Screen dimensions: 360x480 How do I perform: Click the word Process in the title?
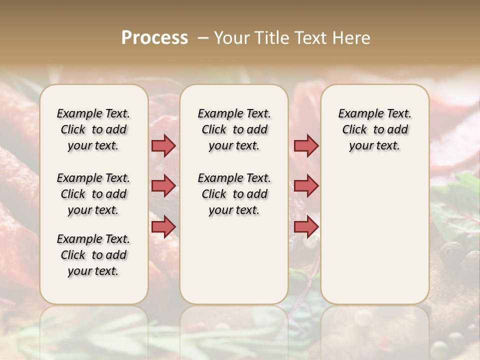coord(154,38)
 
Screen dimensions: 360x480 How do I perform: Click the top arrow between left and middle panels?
coord(163,145)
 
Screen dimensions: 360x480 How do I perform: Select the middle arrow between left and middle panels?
coord(163,186)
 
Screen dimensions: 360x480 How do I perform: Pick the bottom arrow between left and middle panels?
coord(163,227)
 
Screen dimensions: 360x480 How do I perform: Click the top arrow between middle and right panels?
coord(306,145)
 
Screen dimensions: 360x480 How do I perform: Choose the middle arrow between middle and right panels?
coord(306,186)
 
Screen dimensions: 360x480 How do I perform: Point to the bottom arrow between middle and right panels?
coord(306,227)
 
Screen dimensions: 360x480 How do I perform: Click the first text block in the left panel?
coord(93,129)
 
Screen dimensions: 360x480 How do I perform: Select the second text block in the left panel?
coord(93,194)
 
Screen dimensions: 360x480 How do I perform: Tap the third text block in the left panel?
coord(93,255)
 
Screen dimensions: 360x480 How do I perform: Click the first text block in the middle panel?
coord(234,129)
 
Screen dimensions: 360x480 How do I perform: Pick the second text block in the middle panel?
coord(234,194)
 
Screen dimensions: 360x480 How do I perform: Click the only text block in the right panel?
coord(374,129)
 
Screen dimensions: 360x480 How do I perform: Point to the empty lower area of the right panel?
coord(374,235)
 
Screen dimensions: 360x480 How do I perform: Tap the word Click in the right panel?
coord(354,130)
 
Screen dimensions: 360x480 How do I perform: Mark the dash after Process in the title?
coord(203,38)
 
